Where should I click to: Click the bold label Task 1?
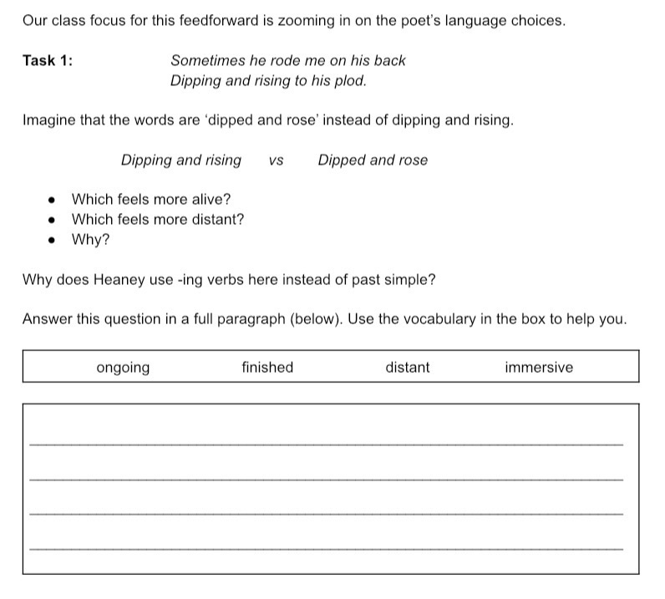(x=48, y=60)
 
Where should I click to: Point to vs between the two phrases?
(x=276, y=160)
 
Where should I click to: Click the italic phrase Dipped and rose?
(x=373, y=160)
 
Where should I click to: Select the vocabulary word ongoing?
(x=123, y=368)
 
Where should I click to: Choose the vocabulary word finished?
(x=267, y=368)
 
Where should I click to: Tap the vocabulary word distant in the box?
(x=408, y=368)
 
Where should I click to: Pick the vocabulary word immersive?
(x=539, y=368)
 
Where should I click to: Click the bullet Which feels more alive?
(x=151, y=200)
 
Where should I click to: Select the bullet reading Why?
(x=90, y=240)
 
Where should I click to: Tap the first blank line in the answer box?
(x=326, y=444)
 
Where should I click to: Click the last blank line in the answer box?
(x=326, y=548)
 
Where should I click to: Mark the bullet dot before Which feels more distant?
(x=52, y=221)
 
